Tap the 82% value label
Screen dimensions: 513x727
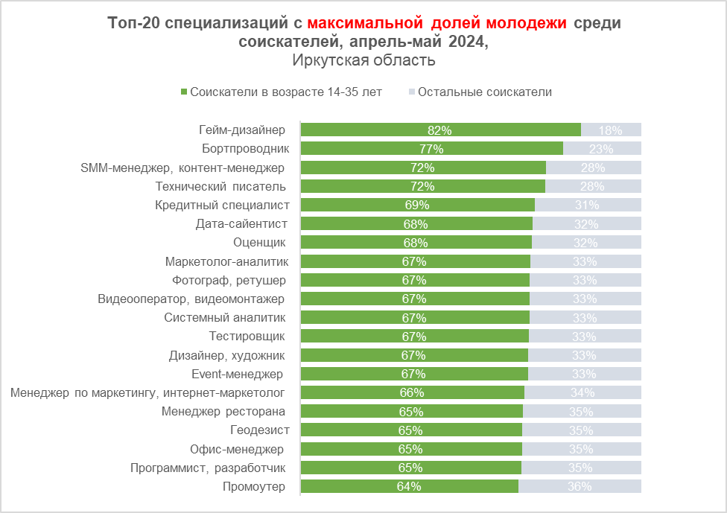pos(439,130)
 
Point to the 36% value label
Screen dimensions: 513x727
pos(579,487)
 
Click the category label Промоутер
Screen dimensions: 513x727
pos(253,487)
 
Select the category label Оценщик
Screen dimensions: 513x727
pos(259,242)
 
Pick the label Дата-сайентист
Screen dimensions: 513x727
pos(241,223)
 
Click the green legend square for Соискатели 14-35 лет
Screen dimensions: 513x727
pos(183,92)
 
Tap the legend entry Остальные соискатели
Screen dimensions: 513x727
pos(484,92)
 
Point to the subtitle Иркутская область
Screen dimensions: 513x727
pos(363,60)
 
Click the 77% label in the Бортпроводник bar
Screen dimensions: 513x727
pos(431,148)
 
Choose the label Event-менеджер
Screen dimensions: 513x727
pos(238,374)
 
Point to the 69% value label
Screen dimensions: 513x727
pos(417,205)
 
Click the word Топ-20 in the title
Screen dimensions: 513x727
pos(133,23)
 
